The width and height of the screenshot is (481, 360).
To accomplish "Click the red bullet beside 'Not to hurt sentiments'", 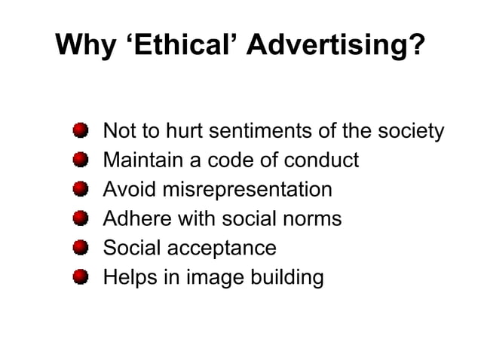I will click(x=81, y=131).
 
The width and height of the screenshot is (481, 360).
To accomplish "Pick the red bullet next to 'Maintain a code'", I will click(x=81, y=160).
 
